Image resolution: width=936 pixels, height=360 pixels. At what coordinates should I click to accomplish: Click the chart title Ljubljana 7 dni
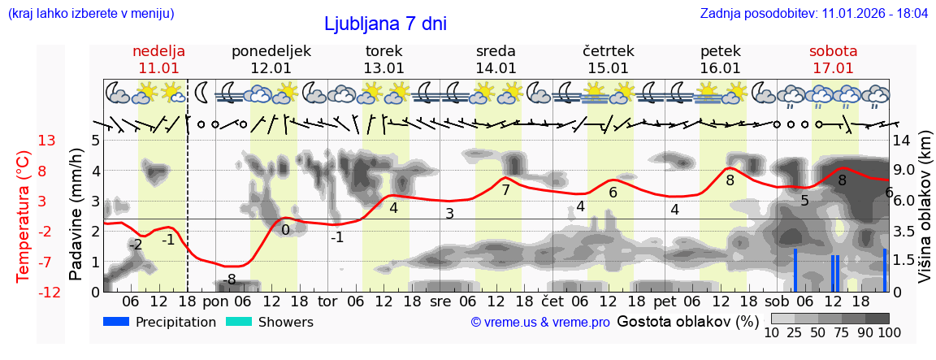coord(385,24)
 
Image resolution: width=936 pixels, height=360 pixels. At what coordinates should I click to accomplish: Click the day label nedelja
coord(159,51)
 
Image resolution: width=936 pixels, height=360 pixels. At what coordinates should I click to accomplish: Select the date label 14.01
coord(496,68)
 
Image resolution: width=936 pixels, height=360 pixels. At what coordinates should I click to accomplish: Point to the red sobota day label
coord(833,51)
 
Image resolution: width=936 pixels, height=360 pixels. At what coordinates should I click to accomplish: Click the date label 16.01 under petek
coord(720,68)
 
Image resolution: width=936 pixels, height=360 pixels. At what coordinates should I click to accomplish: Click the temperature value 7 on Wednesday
coord(505,190)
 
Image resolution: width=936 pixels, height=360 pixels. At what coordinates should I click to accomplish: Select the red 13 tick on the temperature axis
coord(46,141)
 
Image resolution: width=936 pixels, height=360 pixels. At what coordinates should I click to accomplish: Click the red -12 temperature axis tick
coord(50,293)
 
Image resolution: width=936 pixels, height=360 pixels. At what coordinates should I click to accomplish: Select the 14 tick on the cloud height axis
coord(903,141)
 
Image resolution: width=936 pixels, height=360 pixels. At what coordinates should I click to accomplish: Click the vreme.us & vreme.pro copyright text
coord(540,323)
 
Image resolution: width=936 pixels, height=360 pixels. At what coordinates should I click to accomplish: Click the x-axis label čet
coord(552,301)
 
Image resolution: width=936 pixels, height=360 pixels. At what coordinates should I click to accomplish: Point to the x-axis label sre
coord(440,301)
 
